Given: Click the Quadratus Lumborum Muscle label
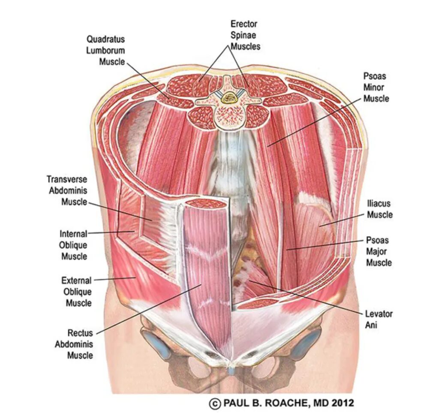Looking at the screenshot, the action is pos(105,50).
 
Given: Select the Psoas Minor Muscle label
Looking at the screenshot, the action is pos(376,87).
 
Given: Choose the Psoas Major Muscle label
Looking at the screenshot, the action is pos(379,251).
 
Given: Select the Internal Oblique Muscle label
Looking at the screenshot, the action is pos(74,245).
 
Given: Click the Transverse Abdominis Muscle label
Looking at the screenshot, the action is pos(67,190).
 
